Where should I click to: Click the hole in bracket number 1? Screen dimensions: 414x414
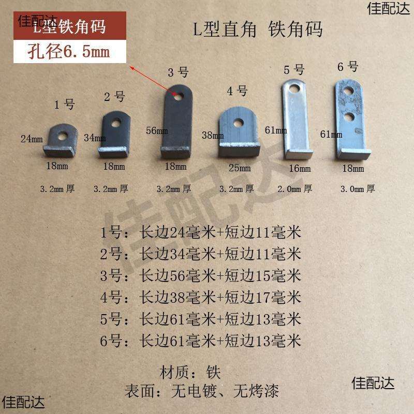63,136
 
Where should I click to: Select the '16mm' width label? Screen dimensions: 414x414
300,168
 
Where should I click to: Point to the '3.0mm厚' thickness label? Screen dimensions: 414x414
357,189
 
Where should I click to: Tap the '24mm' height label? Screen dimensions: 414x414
32,139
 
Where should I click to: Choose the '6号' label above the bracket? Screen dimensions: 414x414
347,67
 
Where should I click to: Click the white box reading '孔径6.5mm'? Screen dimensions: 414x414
63,53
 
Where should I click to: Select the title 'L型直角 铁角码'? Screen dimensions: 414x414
258,29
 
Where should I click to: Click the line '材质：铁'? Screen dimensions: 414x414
191,372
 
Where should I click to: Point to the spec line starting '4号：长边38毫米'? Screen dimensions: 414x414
201,297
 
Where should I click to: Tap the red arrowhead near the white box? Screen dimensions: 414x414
132,68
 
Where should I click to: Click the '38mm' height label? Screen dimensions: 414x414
212,136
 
